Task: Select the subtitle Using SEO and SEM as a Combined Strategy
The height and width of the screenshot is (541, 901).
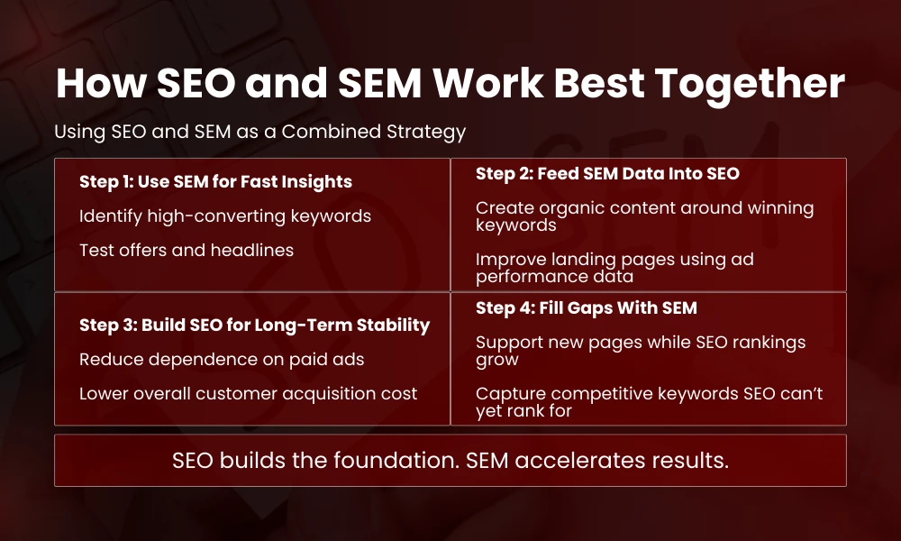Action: [259, 132]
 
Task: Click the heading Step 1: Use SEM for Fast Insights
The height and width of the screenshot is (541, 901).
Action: [215, 182]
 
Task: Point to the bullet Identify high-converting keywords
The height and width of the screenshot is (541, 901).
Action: [224, 216]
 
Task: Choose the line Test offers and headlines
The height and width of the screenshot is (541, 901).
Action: [187, 251]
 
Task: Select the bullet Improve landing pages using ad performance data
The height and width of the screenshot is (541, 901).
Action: [614, 268]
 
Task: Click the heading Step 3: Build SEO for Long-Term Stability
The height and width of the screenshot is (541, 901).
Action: [254, 325]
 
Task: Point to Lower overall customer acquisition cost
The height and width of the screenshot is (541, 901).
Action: [248, 393]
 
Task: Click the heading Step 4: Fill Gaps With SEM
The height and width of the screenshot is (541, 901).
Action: [586, 308]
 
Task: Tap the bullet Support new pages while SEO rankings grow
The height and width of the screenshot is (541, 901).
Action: [641, 351]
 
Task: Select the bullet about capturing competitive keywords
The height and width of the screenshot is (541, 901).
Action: [649, 402]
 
